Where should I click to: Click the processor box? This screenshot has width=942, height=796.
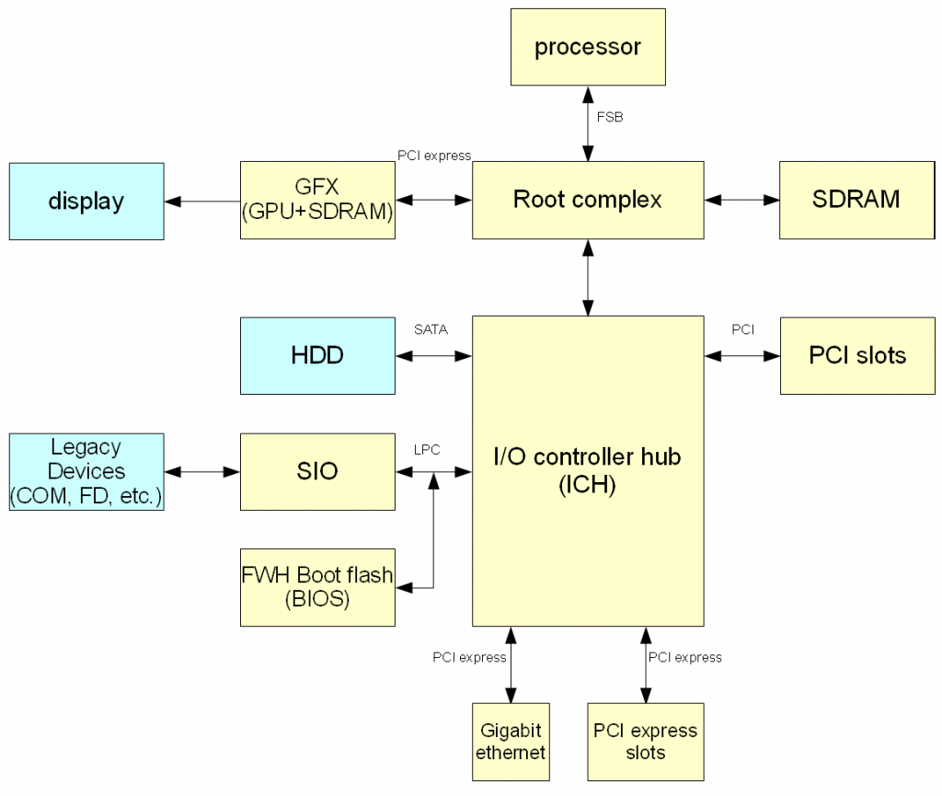588,47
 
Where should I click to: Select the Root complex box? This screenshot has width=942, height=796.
588,200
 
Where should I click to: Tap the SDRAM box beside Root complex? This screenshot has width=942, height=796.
856,200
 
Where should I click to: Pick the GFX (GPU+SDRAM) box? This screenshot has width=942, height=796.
317,200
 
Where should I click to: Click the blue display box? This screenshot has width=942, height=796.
86,202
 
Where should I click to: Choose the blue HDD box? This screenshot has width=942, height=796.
317,355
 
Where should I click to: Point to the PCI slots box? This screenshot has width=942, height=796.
857,355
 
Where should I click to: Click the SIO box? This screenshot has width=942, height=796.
317,471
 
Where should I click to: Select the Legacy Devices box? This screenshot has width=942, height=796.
86,471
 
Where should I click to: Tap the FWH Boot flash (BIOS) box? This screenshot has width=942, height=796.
317,587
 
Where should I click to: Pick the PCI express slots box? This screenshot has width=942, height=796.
645,742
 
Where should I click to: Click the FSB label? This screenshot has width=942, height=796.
610,118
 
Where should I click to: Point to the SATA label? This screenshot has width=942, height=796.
431,329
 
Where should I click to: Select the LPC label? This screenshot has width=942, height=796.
427,450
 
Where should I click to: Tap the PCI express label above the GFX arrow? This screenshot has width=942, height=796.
433,155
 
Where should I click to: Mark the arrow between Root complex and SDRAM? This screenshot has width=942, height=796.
741,200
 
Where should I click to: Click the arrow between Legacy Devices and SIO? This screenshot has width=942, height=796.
202,472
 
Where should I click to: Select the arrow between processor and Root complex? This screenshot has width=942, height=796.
588,123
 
